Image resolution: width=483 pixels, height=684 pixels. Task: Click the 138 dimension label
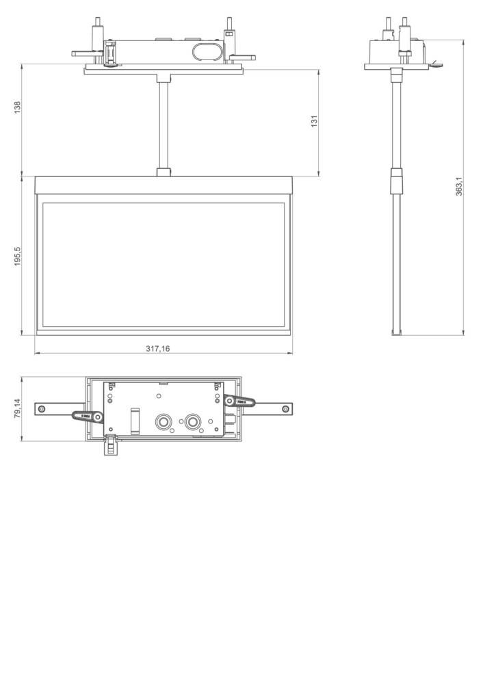(18, 107)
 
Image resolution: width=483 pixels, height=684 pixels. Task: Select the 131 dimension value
(314, 120)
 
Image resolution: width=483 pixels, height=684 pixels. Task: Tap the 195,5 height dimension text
(18, 256)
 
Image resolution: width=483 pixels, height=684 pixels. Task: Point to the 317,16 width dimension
(158, 348)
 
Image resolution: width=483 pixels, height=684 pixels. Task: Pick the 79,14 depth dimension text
(18, 409)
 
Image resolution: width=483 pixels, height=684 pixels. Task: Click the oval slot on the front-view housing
(206, 53)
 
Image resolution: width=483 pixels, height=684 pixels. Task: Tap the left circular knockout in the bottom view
(164, 422)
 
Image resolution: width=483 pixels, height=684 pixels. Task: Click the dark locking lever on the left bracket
(88, 415)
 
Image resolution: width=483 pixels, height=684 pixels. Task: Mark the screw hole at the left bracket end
(43, 409)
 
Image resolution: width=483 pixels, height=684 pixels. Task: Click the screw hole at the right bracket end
(284, 409)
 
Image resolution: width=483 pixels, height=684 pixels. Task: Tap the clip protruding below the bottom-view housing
(110, 446)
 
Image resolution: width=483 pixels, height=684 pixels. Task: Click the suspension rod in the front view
(164, 123)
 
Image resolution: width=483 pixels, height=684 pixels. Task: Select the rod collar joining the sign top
(164, 172)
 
